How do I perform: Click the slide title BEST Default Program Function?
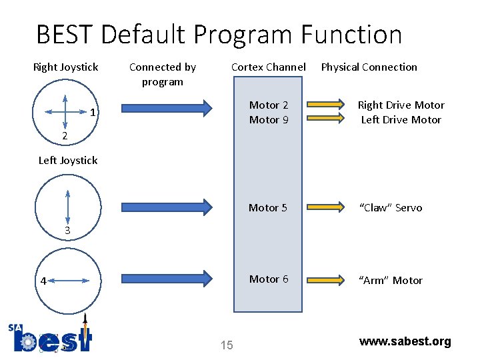pos(219,35)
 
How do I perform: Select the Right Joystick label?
pos(65,67)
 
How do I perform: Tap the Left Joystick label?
pos(68,160)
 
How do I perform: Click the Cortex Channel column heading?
pos(268,67)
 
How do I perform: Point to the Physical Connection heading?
pos(369,67)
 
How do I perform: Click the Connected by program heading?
pos(162,74)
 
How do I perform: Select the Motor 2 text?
pos(269,105)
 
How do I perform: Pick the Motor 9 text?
pos(269,120)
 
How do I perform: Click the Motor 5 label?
pos(268,208)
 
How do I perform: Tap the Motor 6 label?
pos(268,279)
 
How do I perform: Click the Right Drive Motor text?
pos(401,105)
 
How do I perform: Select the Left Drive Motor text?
pos(401,120)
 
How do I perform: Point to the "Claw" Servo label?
pos(391,208)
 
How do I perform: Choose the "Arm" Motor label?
pos(391,281)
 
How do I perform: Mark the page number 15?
pos(227,345)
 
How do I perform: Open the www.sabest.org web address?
pos(405,341)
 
